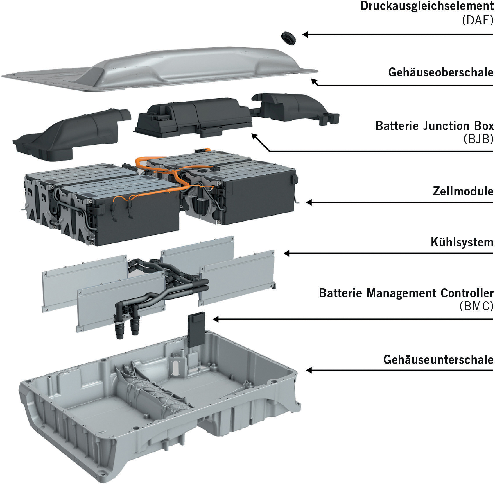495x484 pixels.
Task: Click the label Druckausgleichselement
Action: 427,6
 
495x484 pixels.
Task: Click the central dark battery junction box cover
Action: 193,116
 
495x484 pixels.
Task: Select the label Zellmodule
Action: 463,191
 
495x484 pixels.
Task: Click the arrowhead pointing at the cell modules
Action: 309,202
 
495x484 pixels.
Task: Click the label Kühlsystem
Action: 462,242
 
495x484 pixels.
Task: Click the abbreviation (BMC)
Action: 476,306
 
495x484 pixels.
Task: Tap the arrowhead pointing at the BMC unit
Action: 216,319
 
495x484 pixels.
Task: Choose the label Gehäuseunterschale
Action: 438,360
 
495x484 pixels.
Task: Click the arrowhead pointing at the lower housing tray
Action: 309,370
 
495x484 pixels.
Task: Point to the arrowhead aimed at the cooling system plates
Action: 286,253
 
